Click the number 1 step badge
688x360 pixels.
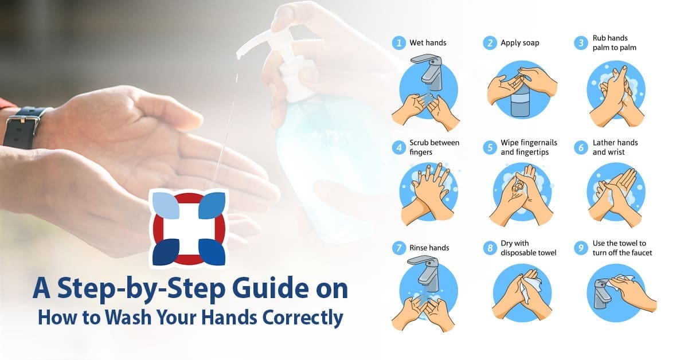coord(398,43)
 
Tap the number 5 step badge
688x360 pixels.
coord(489,147)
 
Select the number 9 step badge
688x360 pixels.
coord(581,248)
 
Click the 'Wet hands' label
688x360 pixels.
coord(428,42)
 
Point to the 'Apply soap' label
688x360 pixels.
coord(519,42)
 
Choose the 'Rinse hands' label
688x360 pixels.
coord(429,248)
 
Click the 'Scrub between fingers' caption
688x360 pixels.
coord(434,147)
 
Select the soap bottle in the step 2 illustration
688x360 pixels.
coord(522,103)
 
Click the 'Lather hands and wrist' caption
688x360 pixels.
coord(615,147)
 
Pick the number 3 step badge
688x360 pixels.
coord(581,43)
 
